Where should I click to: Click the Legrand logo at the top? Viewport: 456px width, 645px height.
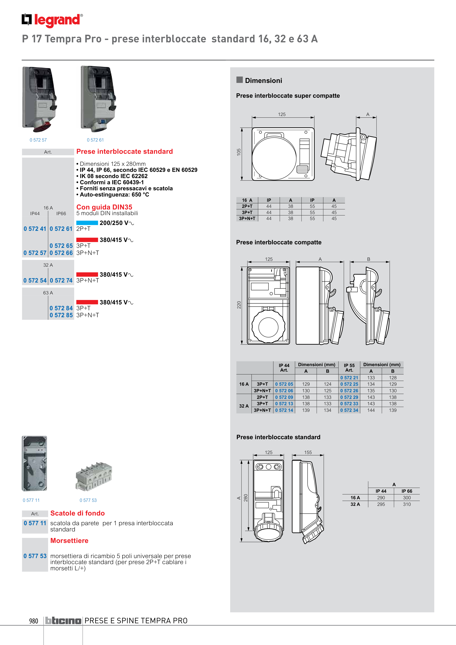pos(52,20)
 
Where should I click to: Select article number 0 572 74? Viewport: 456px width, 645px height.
pos(61,280)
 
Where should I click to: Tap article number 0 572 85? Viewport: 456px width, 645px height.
pos(61,315)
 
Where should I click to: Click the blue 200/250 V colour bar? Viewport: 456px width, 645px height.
pos(87,223)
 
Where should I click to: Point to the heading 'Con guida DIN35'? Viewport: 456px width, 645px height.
pos(104,207)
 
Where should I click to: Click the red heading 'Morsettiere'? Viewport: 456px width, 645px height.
pos(69,541)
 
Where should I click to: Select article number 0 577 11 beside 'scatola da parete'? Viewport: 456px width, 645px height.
pos(35,523)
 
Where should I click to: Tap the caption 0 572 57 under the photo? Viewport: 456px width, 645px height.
pos(38,140)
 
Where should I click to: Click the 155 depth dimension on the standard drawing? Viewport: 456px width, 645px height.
pos(308,452)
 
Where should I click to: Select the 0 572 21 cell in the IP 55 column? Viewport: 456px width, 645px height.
pos(349,378)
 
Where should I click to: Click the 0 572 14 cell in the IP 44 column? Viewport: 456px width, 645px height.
pos(284,410)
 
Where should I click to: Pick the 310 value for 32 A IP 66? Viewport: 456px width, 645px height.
pos(407,504)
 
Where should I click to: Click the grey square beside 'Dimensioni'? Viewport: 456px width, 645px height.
pos(239,80)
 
